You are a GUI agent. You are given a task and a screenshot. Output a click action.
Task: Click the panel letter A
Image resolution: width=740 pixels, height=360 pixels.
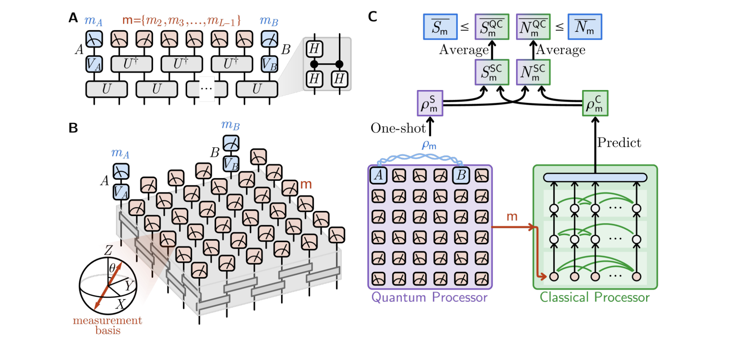pos(73,17)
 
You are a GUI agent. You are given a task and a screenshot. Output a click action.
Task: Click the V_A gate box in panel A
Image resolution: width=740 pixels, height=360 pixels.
pos(94,64)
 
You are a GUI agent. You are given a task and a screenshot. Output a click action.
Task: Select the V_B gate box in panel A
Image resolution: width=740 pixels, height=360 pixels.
pos(270,64)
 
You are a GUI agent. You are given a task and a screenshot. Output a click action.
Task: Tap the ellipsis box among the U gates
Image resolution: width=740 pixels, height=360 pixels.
pos(206,89)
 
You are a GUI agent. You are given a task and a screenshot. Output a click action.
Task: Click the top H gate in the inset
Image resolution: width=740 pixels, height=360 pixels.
pos(314,48)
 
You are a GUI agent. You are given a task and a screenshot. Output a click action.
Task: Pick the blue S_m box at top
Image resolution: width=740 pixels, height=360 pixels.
pos(440,27)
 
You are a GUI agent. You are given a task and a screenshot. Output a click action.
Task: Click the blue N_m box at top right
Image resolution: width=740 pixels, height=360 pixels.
pos(584,27)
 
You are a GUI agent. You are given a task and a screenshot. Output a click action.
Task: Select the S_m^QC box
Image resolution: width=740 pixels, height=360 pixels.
pos(492,27)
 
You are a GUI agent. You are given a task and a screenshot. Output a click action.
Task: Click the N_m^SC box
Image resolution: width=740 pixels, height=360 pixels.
pos(533,72)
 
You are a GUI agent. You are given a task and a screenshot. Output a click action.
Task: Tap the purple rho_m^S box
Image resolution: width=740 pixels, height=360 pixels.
pos(430,103)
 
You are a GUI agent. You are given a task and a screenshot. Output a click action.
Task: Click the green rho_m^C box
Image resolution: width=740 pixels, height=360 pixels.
pos(595,103)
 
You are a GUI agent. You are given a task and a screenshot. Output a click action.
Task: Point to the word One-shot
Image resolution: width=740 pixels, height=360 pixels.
pos(398,128)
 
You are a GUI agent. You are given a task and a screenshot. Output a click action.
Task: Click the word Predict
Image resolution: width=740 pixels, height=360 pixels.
pos(619,142)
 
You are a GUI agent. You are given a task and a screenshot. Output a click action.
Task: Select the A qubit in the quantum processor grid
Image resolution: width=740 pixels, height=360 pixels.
pos(378,175)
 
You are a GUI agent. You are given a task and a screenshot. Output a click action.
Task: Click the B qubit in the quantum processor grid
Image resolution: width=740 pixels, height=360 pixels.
pos(461,175)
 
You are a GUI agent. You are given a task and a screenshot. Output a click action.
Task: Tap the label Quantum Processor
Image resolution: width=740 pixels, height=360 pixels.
pos(429,297)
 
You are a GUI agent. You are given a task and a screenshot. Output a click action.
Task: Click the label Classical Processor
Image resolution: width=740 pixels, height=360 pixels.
pos(594,297)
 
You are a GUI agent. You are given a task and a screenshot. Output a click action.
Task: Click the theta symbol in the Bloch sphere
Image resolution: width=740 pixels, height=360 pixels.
pos(112,268)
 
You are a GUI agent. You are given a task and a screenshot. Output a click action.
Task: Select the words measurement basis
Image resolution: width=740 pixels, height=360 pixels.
pos(107,325)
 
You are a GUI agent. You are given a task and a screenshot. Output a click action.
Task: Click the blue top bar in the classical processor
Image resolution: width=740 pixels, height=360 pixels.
pos(595,177)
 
